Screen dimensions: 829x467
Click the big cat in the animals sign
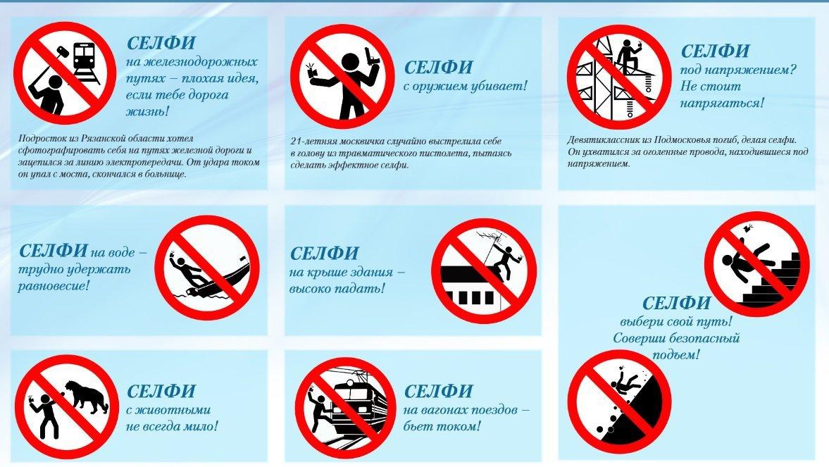pos(88,396)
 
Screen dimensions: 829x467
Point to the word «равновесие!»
pos(54,286)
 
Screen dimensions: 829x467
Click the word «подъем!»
pos(675,354)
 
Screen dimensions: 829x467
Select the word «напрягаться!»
pos(722,103)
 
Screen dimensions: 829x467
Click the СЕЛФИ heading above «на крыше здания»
pos(325,254)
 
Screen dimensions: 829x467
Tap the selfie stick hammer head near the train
pos(62,52)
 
